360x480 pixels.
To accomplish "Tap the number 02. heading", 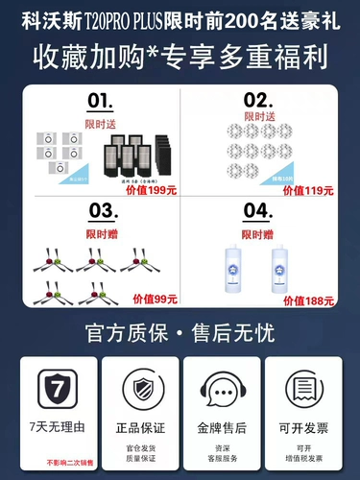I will pyautogui.click(x=256, y=100).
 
